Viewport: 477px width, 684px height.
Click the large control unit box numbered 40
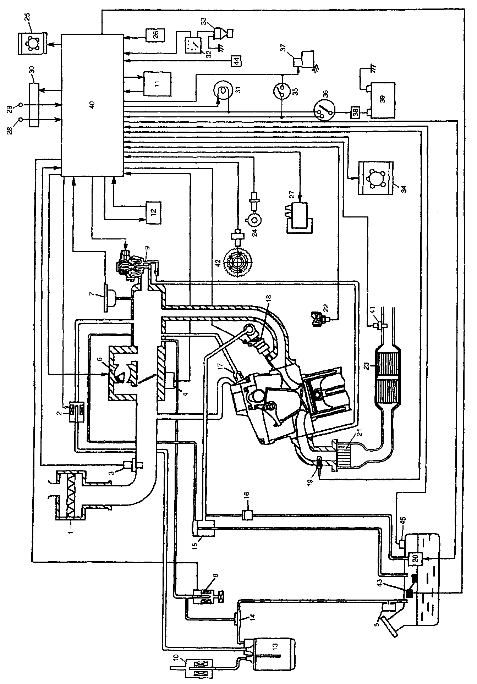pos(92,105)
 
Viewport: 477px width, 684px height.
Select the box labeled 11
pos(157,83)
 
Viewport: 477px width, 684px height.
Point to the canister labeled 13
pos(274,653)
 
